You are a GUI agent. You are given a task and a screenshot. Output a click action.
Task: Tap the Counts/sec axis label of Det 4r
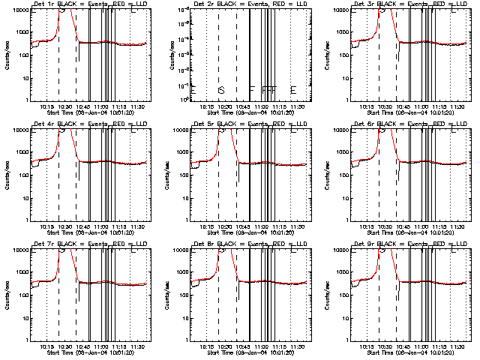6,175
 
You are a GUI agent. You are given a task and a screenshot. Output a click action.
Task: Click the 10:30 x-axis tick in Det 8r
223,346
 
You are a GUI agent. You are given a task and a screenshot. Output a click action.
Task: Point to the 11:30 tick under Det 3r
458,106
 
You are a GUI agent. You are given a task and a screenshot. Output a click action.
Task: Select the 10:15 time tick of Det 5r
207,226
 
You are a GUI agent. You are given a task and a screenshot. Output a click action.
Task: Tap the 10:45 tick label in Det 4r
81,226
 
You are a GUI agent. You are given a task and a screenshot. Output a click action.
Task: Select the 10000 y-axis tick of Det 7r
19,250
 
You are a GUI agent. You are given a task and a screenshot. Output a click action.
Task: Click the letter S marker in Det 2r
220,90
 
